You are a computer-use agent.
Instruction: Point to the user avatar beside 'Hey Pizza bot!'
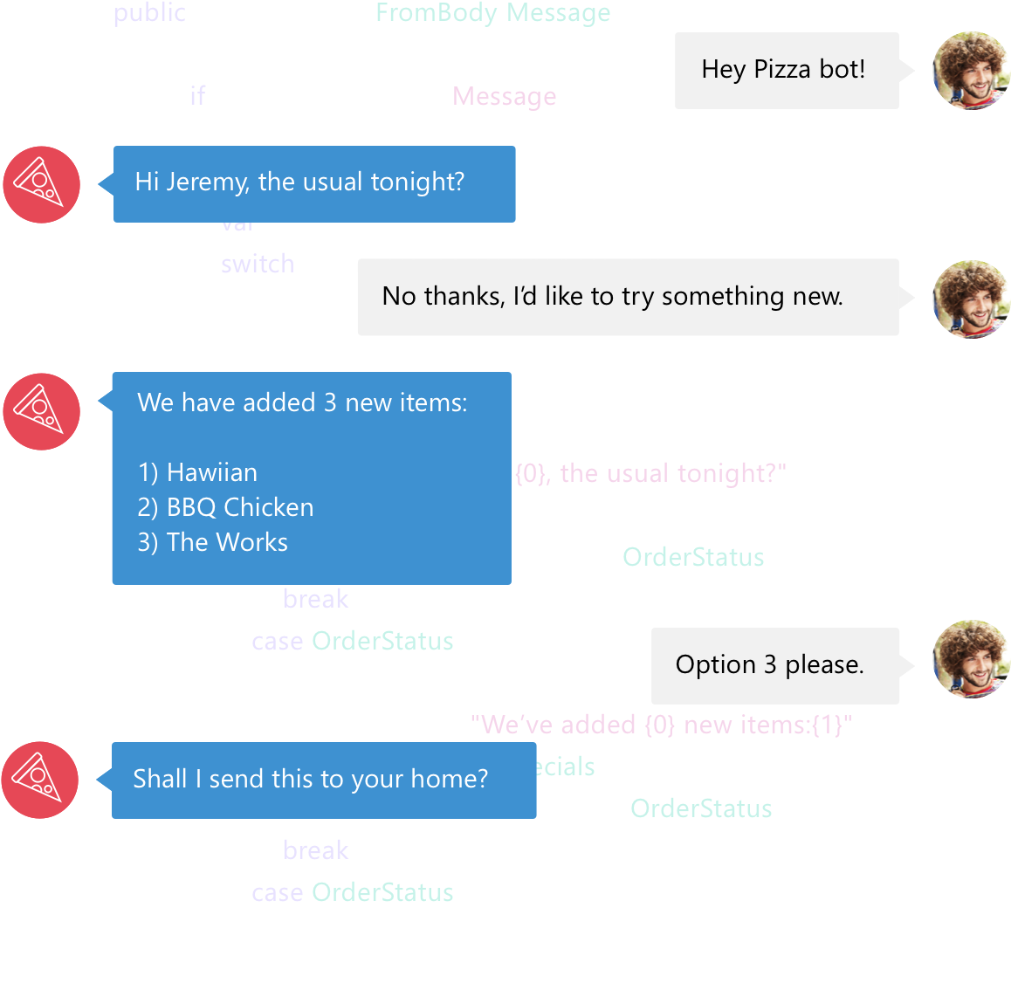click(971, 70)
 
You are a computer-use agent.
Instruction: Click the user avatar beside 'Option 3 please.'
click(971, 658)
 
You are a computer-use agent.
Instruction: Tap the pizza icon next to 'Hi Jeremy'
click(41, 184)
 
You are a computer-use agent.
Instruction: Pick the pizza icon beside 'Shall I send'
click(39, 780)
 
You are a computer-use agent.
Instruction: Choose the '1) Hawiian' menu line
click(197, 472)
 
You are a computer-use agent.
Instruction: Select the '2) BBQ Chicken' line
click(225, 507)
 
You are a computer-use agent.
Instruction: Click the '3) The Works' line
click(212, 542)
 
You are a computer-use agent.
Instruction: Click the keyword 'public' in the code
click(149, 13)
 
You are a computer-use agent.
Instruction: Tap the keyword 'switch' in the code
click(257, 264)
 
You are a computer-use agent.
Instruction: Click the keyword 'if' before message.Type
click(197, 95)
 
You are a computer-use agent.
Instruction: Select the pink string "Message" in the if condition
click(505, 96)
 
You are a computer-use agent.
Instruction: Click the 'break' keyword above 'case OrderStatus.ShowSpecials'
click(315, 599)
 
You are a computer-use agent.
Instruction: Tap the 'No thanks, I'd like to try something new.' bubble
click(627, 297)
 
